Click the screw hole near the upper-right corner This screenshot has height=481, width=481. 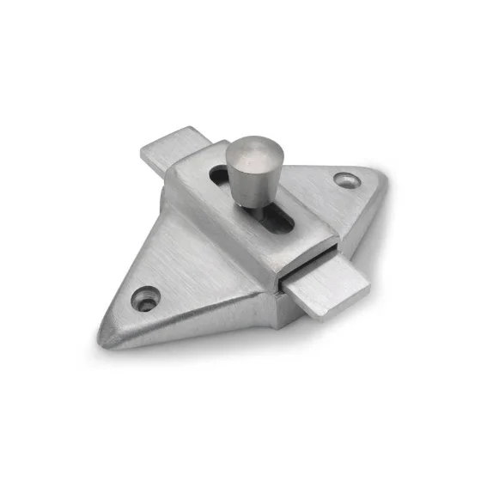point(346,180)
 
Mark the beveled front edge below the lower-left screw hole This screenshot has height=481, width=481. point(172,331)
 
